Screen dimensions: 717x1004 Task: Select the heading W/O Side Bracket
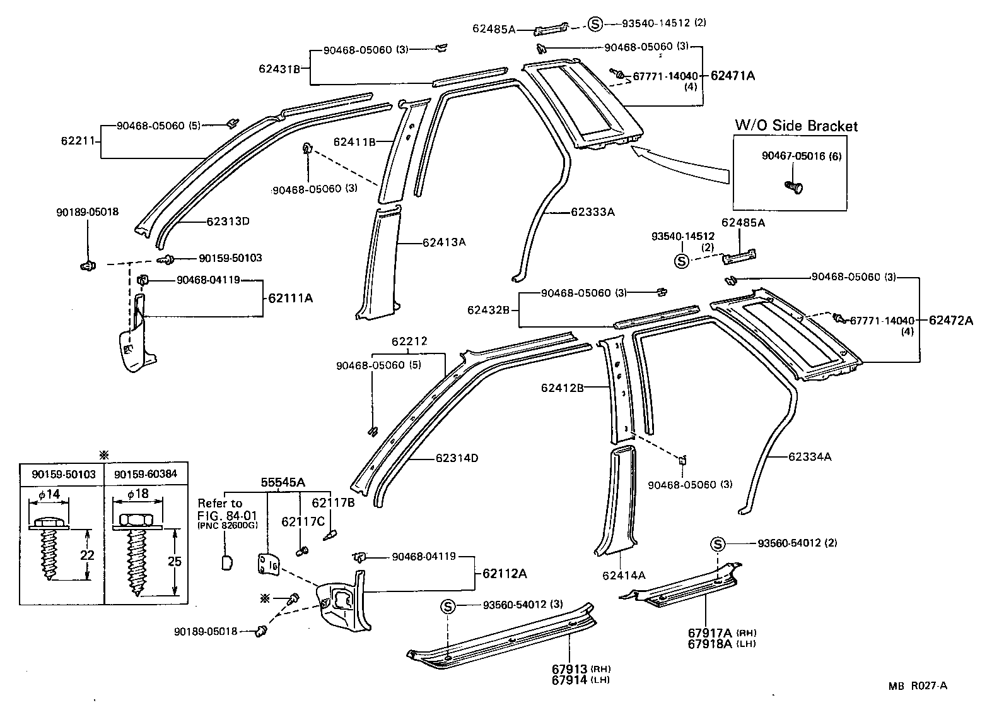(796, 126)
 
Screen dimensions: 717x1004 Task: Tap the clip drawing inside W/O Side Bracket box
(793, 187)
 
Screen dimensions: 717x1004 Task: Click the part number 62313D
(228, 222)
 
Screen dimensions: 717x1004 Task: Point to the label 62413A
(444, 242)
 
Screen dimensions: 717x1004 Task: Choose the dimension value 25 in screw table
(175, 561)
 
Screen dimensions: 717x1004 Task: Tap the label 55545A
(283, 482)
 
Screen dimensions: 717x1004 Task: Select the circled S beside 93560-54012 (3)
(447, 607)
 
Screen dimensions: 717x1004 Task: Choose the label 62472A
(950, 321)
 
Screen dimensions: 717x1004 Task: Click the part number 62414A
(624, 575)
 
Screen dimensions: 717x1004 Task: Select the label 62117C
(303, 521)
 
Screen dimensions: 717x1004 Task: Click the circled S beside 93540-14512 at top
(595, 23)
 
